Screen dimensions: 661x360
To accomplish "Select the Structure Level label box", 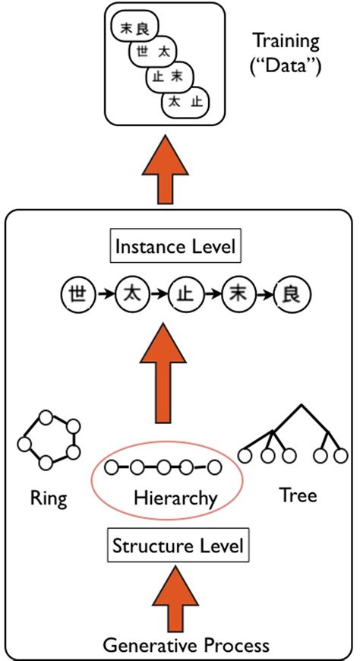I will pos(178,546).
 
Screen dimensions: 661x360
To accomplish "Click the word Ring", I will pos(49,498).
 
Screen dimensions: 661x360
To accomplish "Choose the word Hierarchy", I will pos(175,498).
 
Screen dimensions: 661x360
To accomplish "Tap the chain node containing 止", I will pos(182,293).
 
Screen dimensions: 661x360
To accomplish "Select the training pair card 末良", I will pos(132,29).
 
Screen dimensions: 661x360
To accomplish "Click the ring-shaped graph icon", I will pos(48,441).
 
